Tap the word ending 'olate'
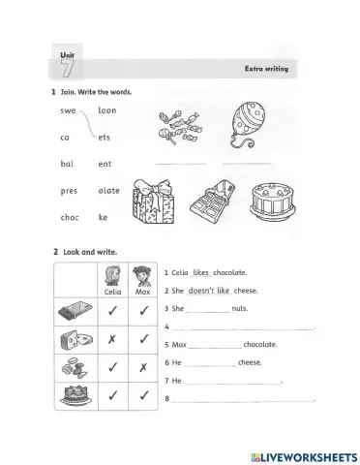[x=108, y=191]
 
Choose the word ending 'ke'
[x=105, y=218]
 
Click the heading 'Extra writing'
[x=274, y=70]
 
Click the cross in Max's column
[x=143, y=369]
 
